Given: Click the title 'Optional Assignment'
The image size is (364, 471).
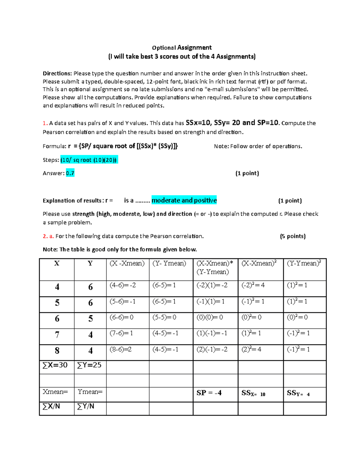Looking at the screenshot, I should click(x=182, y=48).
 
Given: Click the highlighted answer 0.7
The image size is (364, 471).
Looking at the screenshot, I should click(x=70, y=173).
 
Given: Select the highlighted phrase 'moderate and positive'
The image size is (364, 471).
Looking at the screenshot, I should click(x=184, y=200).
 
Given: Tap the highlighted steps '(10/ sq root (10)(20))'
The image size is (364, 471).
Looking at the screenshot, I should click(x=89, y=160).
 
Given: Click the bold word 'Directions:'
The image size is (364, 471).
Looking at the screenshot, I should click(x=57, y=73).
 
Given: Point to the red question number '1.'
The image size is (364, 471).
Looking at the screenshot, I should click(x=45, y=123).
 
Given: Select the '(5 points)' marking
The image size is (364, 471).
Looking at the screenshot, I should click(x=293, y=236).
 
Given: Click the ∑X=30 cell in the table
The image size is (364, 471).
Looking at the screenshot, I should click(x=55, y=365).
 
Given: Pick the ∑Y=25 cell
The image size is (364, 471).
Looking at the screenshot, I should click(x=89, y=365).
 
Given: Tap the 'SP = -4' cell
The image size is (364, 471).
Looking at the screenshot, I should click(x=209, y=393).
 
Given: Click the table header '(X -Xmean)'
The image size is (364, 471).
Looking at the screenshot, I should click(x=127, y=263).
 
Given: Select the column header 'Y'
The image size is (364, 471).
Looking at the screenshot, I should click(x=90, y=263).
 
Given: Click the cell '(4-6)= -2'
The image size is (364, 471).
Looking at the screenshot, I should click(x=123, y=285).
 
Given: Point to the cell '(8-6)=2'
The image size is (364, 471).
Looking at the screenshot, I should click(x=121, y=349).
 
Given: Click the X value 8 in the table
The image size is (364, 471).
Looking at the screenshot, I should click(x=57, y=351).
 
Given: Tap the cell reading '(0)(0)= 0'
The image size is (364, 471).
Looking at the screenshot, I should click(x=210, y=317).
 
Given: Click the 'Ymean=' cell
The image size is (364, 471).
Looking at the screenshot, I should click(x=90, y=392).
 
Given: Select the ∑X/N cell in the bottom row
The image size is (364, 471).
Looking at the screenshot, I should click(x=51, y=406).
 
